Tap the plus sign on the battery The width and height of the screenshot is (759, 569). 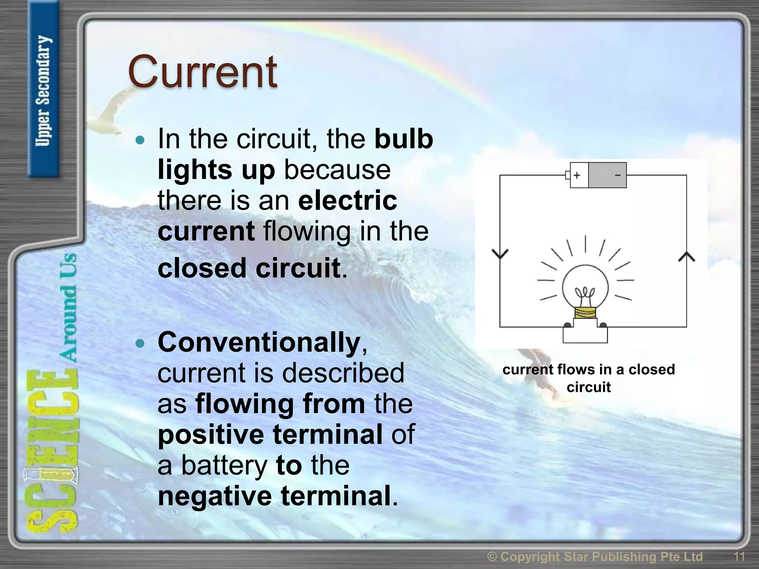(x=577, y=175)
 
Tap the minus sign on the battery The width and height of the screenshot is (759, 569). (x=617, y=175)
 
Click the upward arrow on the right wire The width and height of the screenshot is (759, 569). (x=686, y=257)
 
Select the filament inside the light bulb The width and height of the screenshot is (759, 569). (x=585, y=295)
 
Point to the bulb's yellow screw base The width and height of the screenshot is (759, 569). (x=585, y=313)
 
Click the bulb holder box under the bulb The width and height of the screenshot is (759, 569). (x=585, y=334)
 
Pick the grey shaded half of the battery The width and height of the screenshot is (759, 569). (x=607, y=175)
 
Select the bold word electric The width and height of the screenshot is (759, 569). (x=347, y=200)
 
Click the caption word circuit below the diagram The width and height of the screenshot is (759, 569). (x=588, y=387)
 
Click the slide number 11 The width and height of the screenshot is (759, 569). (x=739, y=556)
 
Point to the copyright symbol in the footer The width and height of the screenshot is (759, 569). (x=492, y=556)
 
